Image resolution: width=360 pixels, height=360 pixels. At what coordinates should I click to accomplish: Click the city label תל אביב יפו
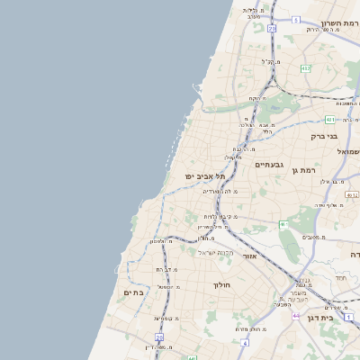pyautogui.click(x=202, y=176)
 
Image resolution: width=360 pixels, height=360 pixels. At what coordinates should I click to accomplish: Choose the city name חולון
pyautogui.click(x=221, y=285)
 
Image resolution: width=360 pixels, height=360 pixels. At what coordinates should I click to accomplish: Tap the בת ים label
pyautogui.click(x=133, y=292)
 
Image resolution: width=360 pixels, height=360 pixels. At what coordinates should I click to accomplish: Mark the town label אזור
pyautogui.click(x=250, y=256)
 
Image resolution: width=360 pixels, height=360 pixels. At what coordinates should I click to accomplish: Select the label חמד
pyautogui.click(x=339, y=277)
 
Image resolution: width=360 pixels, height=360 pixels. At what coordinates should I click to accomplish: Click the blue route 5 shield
pyautogui.click(x=295, y=19)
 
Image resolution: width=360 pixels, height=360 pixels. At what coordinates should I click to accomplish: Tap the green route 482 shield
pyautogui.click(x=305, y=67)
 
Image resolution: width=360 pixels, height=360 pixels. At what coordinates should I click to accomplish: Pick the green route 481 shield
pyautogui.click(x=330, y=119)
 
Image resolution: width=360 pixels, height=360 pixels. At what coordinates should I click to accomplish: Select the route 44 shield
pyautogui.click(x=296, y=315)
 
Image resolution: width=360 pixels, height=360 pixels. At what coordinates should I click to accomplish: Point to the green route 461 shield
pyautogui.click(x=283, y=223)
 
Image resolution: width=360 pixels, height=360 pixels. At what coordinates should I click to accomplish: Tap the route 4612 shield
pyautogui.click(x=352, y=193)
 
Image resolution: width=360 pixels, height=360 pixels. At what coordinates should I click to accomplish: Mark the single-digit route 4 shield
pyautogui.click(x=244, y=343)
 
